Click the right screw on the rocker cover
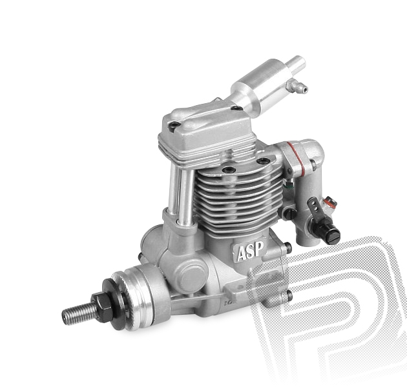coord(236,108)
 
